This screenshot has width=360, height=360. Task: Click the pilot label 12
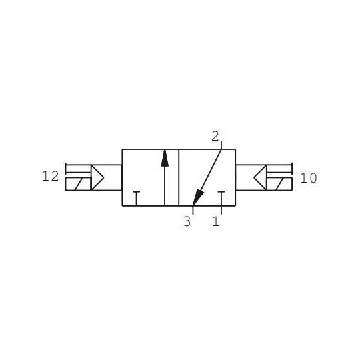50,177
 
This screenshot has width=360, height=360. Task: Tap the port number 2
215,137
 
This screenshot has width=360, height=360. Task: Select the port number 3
187,221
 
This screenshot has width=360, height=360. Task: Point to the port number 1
216,221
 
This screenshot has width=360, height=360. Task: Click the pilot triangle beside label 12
97,177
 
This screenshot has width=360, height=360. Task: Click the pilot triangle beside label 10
261,177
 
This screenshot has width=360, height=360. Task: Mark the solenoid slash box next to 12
78,184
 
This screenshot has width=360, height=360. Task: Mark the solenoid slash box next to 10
280,184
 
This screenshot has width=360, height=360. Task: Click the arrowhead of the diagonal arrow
196,199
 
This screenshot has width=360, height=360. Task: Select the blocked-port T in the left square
136,196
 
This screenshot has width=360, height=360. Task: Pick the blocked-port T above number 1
220,196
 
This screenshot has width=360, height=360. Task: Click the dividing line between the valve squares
178,177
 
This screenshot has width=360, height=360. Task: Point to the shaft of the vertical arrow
165,183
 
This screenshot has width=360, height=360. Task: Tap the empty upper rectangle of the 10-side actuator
281,171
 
